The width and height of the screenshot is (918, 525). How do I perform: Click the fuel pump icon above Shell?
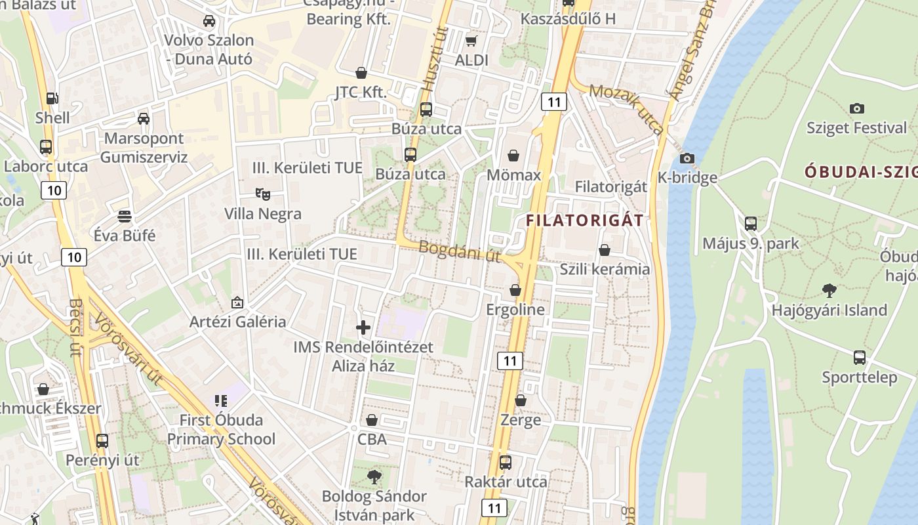pyautogui.click(x=52, y=98)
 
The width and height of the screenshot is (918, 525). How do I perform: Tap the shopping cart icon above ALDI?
pyautogui.click(x=471, y=41)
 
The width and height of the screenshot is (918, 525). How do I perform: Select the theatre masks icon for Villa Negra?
pyautogui.click(x=263, y=194)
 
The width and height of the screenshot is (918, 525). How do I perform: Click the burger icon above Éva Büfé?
pyautogui.click(x=125, y=216)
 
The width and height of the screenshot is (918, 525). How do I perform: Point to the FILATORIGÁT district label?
pyautogui.click(x=584, y=220)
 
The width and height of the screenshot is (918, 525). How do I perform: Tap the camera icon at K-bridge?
pyautogui.click(x=687, y=158)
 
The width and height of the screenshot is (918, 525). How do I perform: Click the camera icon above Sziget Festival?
pyautogui.click(x=856, y=108)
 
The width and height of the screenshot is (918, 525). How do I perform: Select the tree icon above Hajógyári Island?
pyautogui.click(x=829, y=290)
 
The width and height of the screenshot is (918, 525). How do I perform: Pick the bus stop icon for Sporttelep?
pyautogui.click(x=860, y=358)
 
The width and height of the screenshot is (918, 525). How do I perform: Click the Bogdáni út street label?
pyautogui.click(x=459, y=251)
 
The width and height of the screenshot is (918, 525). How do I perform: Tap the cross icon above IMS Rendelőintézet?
pyautogui.click(x=363, y=327)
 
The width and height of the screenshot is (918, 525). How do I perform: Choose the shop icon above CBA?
pyautogui.click(x=372, y=420)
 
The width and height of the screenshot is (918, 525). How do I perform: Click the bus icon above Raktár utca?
pyautogui.click(x=506, y=462)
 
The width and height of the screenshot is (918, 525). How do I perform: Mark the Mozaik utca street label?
pyautogui.click(x=626, y=108)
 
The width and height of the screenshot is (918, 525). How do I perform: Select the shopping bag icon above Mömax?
pyautogui.click(x=513, y=156)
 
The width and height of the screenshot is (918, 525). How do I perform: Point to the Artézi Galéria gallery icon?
pyautogui.click(x=237, y=303)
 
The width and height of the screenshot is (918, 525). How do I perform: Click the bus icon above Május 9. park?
pyautogui.click(x=751, y=224)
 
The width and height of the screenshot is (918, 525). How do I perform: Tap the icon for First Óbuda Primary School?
pyautogui.click(x=221, y=400)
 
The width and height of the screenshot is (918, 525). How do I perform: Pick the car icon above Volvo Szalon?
pyautogui.click(x=209, y=20)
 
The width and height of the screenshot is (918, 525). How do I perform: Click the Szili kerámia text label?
pyautogui.click(x=605, y=269)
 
